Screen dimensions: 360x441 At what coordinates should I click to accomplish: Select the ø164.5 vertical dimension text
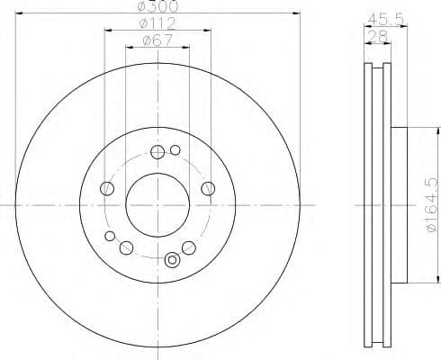pyautogui.click(x=429, y=205)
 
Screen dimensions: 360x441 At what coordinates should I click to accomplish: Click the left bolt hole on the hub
pyautogui.click(x=107, y=188)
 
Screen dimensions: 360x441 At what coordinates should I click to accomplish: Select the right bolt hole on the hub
pyautogui.click(x=208, y=188)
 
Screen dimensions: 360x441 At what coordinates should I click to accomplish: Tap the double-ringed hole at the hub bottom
pyautogui.click(x=172, y=262)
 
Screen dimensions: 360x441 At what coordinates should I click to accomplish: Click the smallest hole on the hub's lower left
pyautogui.click(x=110, y=237)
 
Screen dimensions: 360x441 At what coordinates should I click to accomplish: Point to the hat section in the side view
pyautogui.click(x=401, y=205)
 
